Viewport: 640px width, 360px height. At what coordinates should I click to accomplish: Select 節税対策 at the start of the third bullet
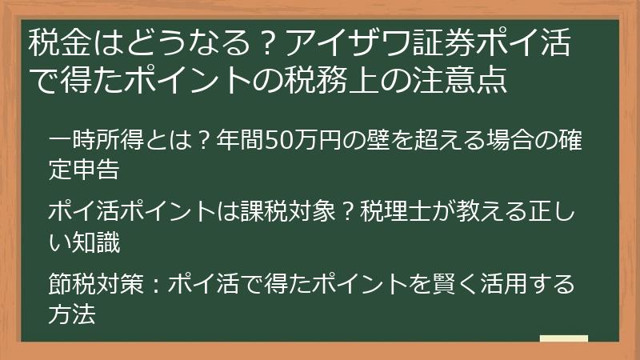point(97,286)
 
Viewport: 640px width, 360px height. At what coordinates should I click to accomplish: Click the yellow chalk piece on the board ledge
point(563,338)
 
